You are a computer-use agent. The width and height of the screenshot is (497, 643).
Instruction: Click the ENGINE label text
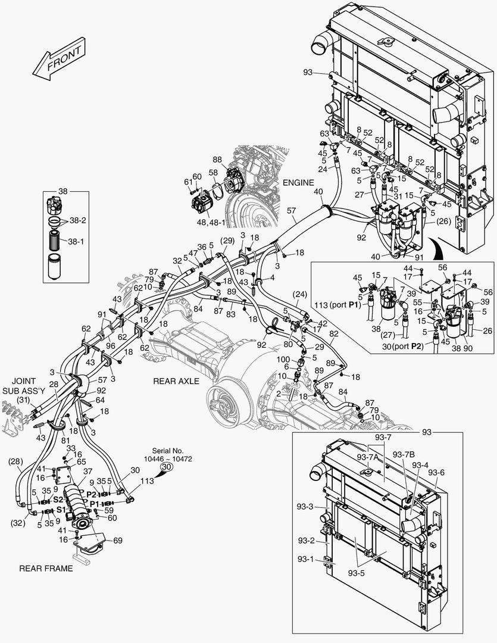coord(299,183)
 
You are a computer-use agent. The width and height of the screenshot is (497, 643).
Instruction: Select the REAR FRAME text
coord(46,568)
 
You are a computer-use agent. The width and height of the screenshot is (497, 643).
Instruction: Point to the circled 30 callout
coord(167,468)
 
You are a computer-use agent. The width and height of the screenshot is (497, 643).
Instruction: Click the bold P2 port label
coord(92,494)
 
